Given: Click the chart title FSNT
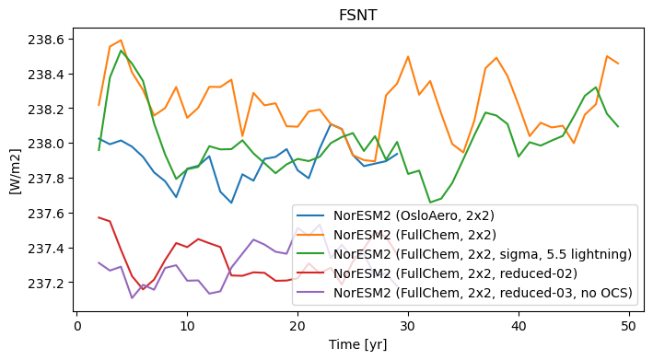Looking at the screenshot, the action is point(358,16).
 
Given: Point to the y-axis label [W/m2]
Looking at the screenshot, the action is point(15,170).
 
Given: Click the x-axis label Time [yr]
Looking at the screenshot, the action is point(357,344).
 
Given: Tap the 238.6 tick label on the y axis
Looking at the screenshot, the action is point(46,40).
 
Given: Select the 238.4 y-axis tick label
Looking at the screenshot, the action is point(46,75).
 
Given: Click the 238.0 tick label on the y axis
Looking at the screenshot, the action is point(46,144).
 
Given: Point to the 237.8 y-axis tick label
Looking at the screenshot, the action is point(46,179).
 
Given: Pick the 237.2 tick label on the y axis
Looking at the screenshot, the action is point(46,284).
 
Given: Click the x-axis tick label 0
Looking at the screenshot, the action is point(77,325).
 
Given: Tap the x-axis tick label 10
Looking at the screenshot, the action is point(187,325).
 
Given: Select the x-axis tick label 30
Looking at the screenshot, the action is point(408,325).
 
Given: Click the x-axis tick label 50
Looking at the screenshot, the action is point(629,325).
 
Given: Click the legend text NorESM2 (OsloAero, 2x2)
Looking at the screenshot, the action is point(414,215).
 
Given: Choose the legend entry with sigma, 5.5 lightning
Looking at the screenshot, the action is point(483,254).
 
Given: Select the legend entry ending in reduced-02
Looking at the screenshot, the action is point(456,273).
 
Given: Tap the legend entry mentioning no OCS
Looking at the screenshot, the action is point(483,293).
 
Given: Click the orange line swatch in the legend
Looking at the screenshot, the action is point(310,235).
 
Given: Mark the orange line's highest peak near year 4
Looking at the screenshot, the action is point(121,41).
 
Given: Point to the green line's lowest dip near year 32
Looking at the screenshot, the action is point(430,203).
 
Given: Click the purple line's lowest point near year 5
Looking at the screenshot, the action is point(132,297).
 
